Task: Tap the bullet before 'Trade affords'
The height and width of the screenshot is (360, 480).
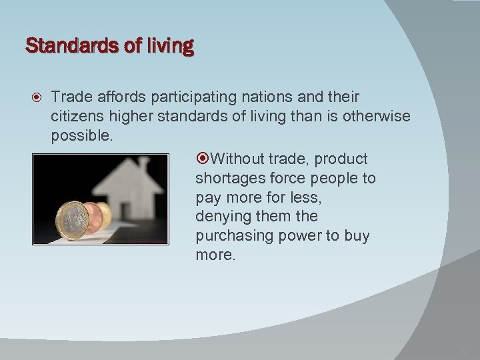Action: pyautogui.click(x=33, y=98)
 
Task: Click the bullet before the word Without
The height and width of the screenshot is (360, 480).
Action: pyautogui.click(x=203, y=159)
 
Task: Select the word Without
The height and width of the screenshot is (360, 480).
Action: pyautogui.click(x=236, y=159)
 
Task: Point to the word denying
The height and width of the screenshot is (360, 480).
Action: pyautogui.click(x=219, y=217)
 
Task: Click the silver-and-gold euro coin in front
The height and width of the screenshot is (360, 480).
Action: pyautogui.click(x=72, y=221)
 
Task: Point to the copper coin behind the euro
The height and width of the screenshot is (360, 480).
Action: pyautogui.click(x=93, y=217)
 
